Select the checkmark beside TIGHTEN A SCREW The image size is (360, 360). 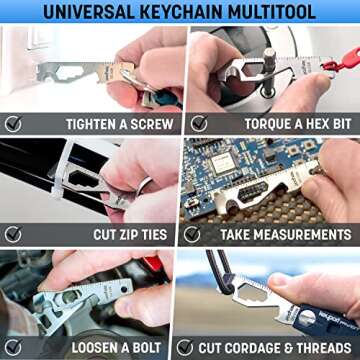click(x=14, y=124)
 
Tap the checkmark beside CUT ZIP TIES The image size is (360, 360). click(x=14, y=234)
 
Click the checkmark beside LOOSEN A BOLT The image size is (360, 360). click(x=14, y=347)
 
